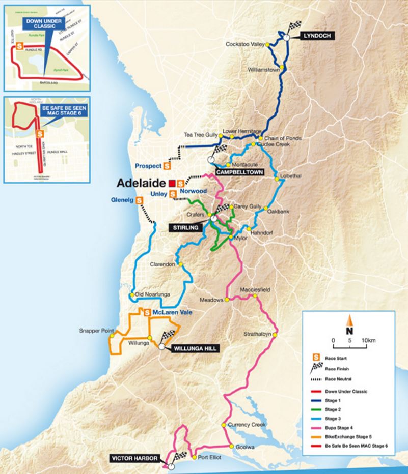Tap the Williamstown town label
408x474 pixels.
coord(262,69)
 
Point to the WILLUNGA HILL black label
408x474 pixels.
coord(195,348)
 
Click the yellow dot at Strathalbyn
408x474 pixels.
coord(275,335)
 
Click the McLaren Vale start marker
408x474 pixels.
coord(147,313)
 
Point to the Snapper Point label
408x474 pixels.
coord(96,331)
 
